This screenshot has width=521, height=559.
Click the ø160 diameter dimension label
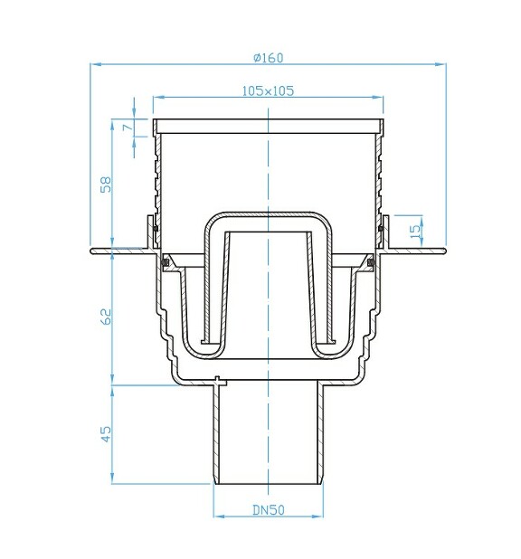269,57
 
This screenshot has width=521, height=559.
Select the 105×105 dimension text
269,90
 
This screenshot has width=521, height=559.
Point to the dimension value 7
128,127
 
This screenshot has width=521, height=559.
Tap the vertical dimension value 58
106,185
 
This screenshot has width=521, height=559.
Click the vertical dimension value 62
106,317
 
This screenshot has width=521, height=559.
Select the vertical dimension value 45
106,433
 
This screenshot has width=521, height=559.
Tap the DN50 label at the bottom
269,509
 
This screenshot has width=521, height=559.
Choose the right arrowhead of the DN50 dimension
320,517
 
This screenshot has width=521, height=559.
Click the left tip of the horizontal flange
93,251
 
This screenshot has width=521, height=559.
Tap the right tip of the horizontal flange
445,251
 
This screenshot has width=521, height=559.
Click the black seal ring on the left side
166,263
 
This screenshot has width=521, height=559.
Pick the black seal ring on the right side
372,263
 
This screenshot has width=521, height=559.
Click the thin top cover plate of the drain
269,123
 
